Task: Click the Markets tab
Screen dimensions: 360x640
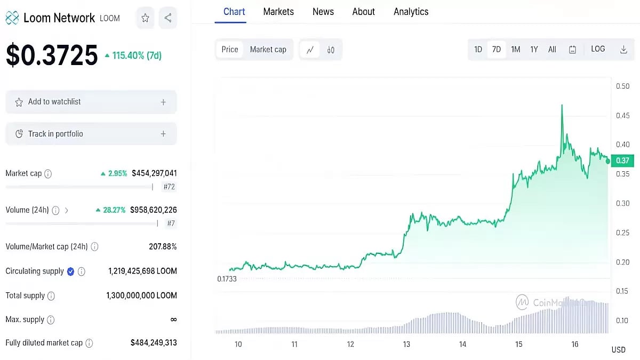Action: [278, 12]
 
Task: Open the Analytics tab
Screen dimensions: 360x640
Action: [411, 12]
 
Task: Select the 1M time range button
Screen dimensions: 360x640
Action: [515, 50]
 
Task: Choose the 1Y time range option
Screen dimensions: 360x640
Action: [534, 50]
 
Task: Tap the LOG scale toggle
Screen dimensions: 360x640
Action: [598, 49]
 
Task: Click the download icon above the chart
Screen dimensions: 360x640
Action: [623, 50]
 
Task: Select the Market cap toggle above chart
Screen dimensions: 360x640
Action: [268, 50]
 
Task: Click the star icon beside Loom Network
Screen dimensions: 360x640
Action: [145, 18]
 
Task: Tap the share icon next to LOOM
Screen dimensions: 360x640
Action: [168, 18]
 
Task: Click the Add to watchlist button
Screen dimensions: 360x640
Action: [91, 102]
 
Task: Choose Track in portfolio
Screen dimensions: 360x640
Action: [91, 134]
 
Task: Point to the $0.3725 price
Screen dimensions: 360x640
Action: [52, 55]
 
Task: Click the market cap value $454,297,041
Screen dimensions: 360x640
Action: [154, 173]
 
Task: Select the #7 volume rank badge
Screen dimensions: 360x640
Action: [171, 223]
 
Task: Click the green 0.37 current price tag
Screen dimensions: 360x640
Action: [622, 161]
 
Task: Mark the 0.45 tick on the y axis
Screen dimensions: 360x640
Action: [622, 116]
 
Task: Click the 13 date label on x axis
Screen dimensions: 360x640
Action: [406, 345]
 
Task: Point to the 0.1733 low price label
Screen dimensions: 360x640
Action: [227, 279]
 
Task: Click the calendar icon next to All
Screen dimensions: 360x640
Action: [572, 50]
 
